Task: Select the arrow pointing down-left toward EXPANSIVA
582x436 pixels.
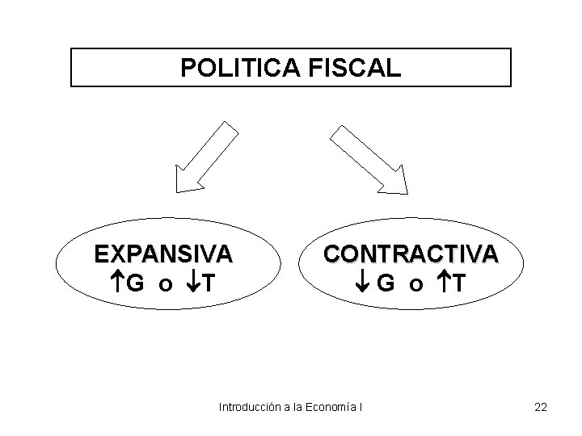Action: pyautogui.click(x=205, y=157)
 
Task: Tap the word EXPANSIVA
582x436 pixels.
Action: pyautogui.click(x=163, y=254)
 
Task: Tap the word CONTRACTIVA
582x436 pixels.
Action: pyautogui.click(x=411, y=254)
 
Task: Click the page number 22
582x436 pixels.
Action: pyautogui.click(x=541, y=406)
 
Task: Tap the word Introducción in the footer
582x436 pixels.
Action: pyautogui.click(x=250, y=406)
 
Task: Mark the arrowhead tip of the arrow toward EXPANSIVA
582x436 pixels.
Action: pyautogui.click(x=179, y=191)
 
